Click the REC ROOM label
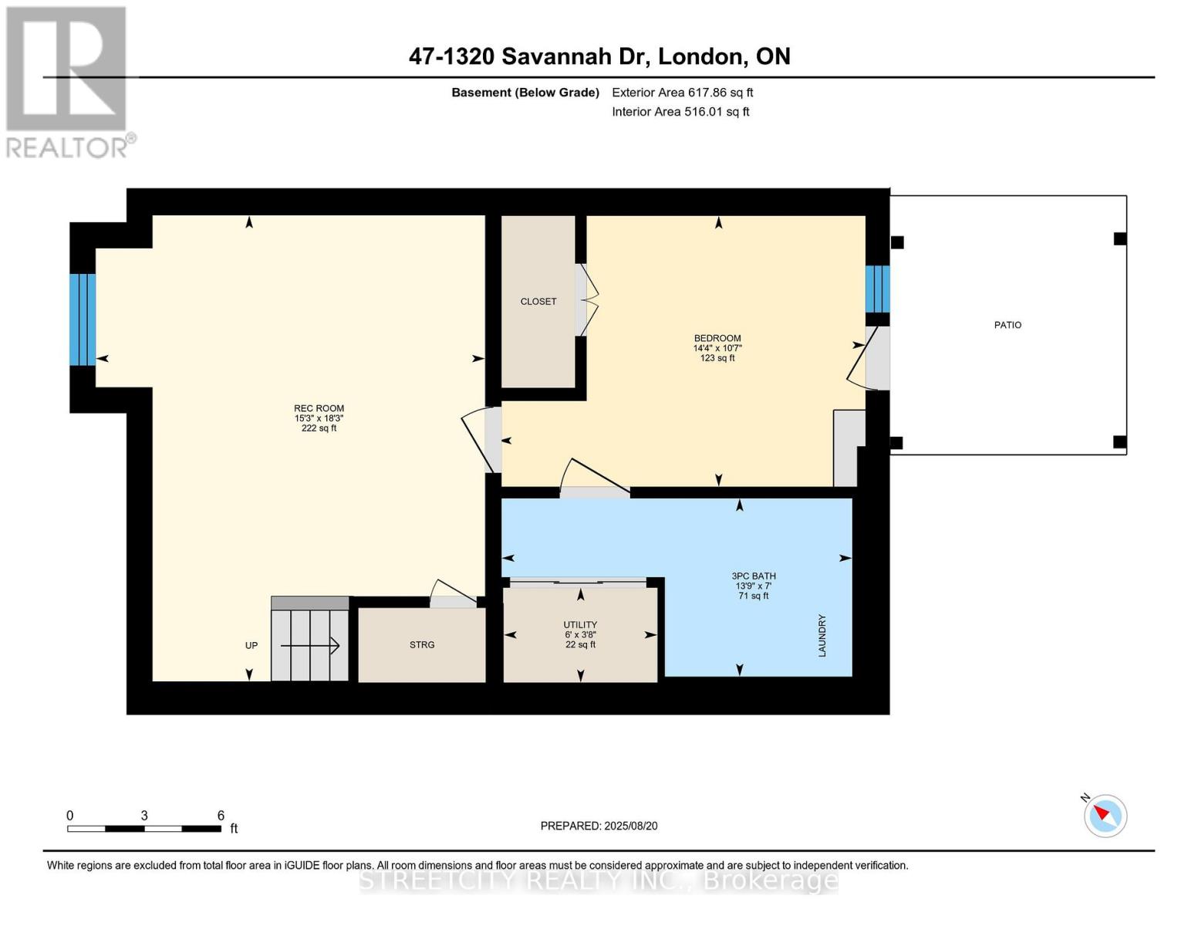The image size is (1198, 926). click(x=319, y=408)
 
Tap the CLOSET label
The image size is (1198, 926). click(x=538, y=301)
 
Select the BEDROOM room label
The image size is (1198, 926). click(x=717, y=338)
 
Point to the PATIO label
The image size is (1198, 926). click(x=1007, y=325)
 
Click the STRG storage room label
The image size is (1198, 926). click(x=422, y=644)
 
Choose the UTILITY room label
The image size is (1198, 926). click(x=580, y=624)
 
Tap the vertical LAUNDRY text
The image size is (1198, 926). click(x=822, y=635)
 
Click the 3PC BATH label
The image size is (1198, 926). click(x=754, y=576)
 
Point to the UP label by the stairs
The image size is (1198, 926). click(x=251, y=645)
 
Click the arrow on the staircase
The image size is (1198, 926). click(x=310, y=645)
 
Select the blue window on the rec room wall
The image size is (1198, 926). click(x=83, y=320)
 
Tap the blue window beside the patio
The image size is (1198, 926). click(x=877, y=289)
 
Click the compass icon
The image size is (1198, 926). click(x=1105, y=816)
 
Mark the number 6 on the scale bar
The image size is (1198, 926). click(x=221, y=815)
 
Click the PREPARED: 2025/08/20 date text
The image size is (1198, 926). click(x=599, y=826)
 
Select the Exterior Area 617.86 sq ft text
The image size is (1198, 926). click(x=682, y=93)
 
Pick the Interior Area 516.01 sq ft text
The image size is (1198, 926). click(x=680, y=111)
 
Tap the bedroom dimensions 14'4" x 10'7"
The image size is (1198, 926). click(x=717, y=348)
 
